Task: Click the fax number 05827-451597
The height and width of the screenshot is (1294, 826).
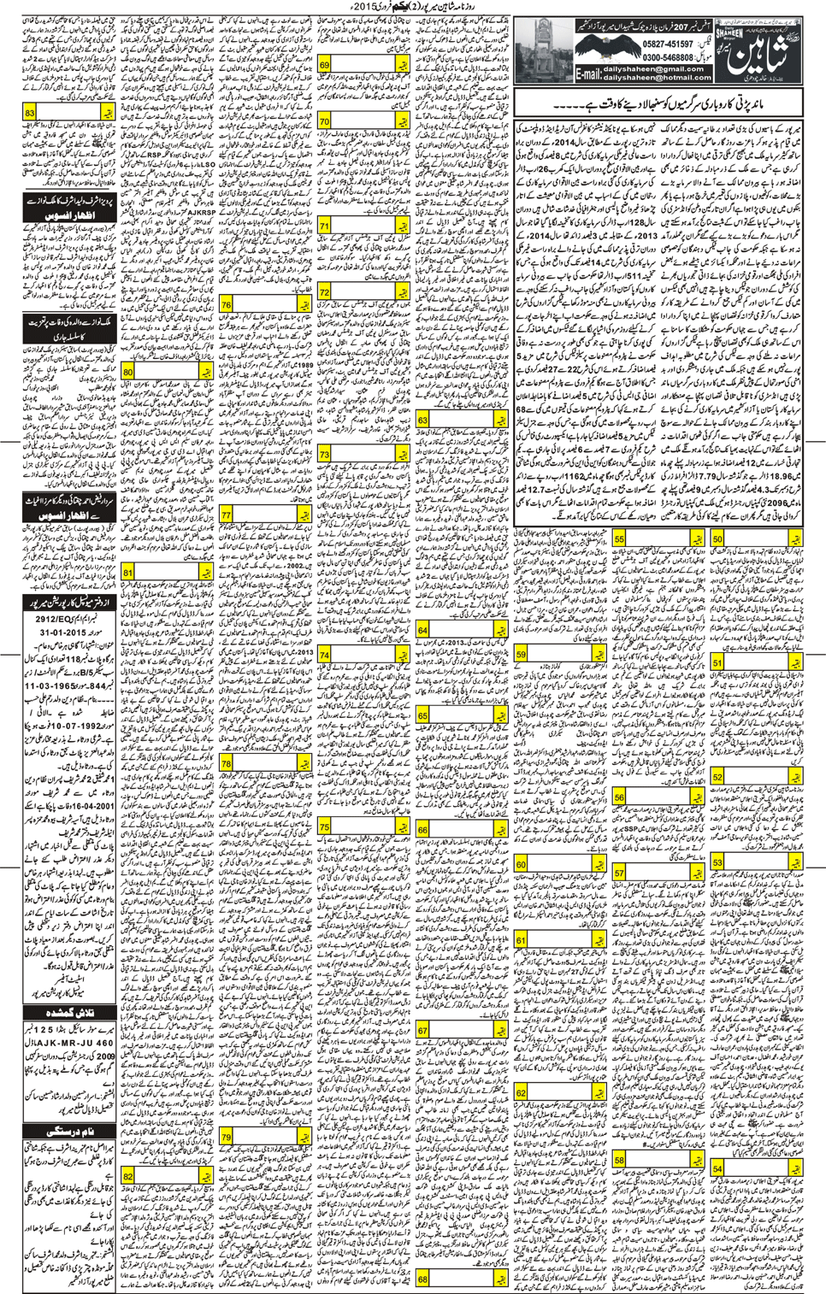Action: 667,44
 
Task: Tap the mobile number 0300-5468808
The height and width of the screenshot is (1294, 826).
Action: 667,57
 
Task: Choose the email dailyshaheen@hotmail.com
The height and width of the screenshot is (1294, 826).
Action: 657,78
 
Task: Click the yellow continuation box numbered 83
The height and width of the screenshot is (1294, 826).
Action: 30,112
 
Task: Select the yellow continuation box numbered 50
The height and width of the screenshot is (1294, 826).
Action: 717,539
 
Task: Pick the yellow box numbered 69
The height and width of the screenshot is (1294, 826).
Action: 325,65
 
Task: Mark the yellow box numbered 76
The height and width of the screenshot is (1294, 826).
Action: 226,304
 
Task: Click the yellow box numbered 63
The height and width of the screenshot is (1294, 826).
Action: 423,420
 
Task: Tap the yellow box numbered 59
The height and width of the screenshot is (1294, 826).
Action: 522,655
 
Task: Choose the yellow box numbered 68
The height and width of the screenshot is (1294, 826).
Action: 423,1279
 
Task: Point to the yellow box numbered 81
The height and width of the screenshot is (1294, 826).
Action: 128,573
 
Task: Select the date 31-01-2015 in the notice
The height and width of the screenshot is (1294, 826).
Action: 62,632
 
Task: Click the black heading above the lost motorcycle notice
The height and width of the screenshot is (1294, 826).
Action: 68,1012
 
